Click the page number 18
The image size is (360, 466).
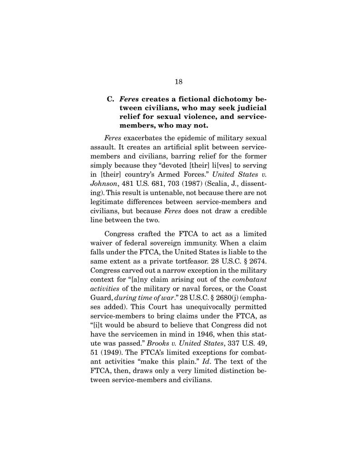[178, 82]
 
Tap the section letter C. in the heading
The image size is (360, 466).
[110, 99]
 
